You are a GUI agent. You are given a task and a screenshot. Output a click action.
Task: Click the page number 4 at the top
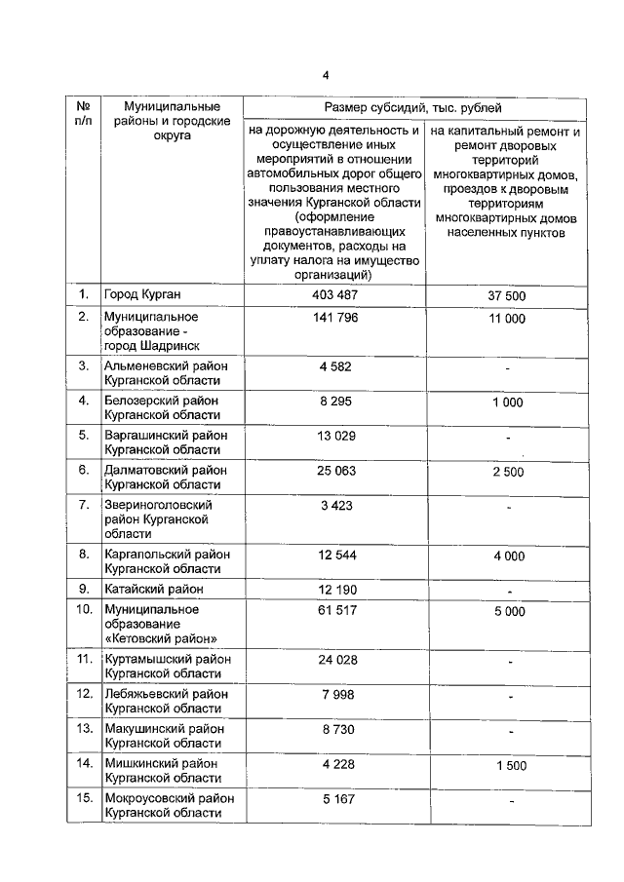click(327, 75)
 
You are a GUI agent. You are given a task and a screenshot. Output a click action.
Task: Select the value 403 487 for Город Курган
click(334, 294)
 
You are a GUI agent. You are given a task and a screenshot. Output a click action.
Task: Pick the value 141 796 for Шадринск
click(334, 317)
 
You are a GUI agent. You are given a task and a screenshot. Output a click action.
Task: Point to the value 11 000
click(508, 319)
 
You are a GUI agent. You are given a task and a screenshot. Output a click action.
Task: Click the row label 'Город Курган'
click(143, 294)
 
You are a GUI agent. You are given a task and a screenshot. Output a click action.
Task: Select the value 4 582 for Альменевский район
click(334, 365)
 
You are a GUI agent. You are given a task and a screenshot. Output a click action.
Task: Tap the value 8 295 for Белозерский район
click(334, 401)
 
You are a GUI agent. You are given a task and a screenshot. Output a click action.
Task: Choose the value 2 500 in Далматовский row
click(508, 472)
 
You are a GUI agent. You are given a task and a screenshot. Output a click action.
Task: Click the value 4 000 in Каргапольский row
click(508, 556)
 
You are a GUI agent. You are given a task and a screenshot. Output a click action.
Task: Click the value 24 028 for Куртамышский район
click(334, 659)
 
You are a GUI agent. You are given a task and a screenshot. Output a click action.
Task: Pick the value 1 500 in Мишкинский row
click(508, 766)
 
